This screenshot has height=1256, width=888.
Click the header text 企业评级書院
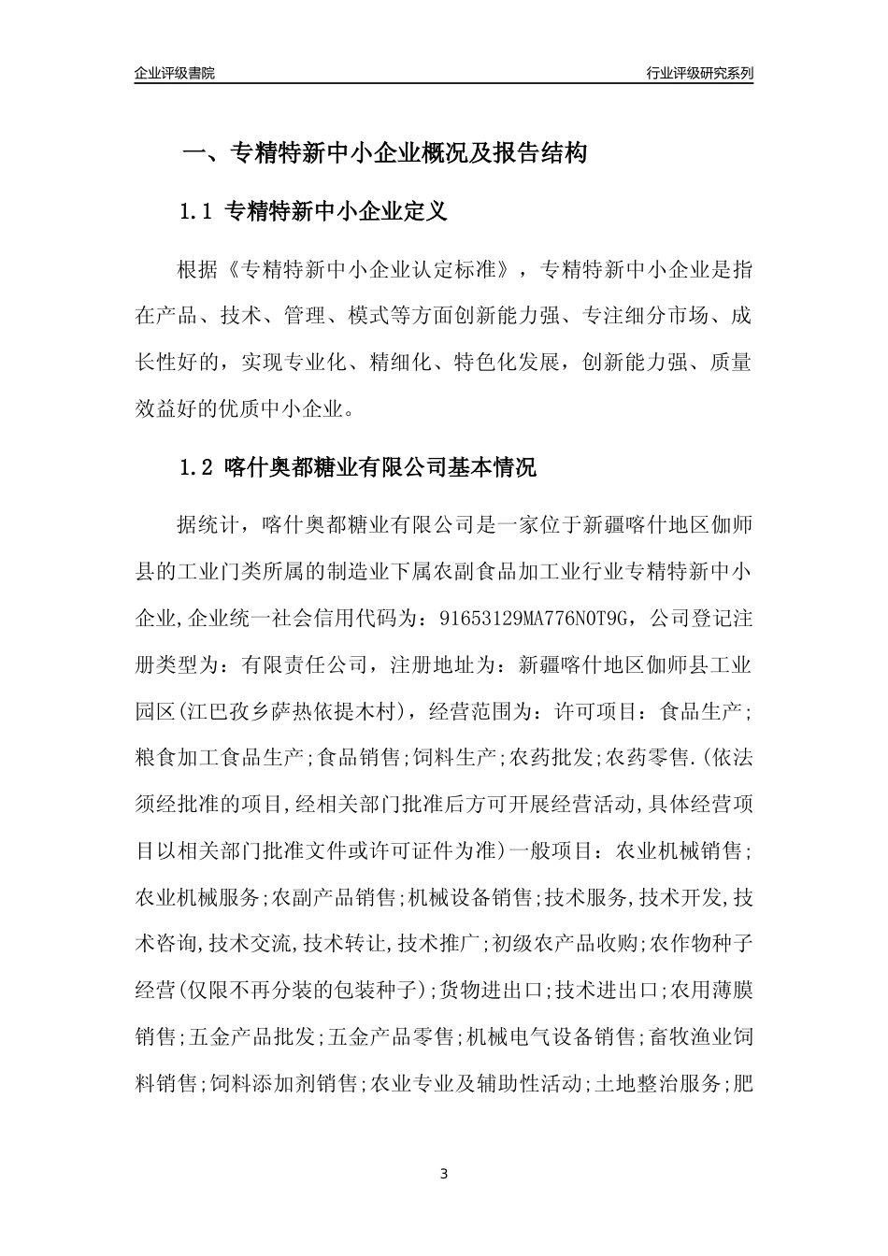[x=175, y=73]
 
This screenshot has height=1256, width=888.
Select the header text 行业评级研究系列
[x=699, y=73]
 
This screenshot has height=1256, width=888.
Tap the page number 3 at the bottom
[x=444, y=1174]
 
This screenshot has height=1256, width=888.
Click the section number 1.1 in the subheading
[x=198, y=212]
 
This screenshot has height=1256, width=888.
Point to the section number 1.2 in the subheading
[x=198, y=467]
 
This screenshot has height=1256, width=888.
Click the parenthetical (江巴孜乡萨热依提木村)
[x=292, y=712]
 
